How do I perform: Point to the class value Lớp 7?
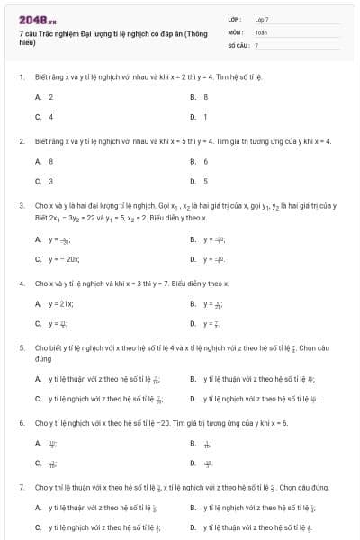(262, 18)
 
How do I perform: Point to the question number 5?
(21, 346)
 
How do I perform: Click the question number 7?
(21, 487)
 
